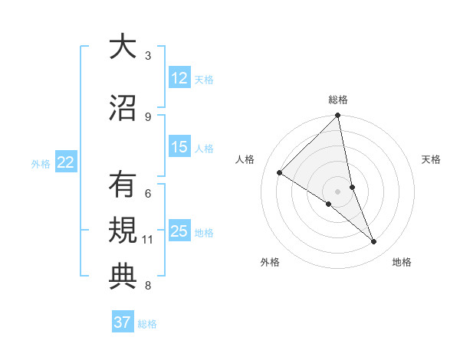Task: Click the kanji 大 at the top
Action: click(x=123, y=47)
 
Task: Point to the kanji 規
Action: click(x=123, y=231)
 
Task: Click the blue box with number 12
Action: click(x=179, y=78)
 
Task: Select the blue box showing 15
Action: click(x=179, y=147)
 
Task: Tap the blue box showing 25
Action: click(x=179, y=231)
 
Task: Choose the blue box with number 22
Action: click(x=66, y=162)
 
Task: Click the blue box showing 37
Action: click(x=123, y=322)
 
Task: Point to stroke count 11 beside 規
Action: click(x=148, y=240)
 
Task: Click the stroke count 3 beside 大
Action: click(x=148, y=56)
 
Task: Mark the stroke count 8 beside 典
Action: click(x=148, y=286)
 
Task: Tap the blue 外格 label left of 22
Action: click(x=41, y=163)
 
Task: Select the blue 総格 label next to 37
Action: click(x=147, y=324)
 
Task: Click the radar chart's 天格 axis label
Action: click(x=431, y=159)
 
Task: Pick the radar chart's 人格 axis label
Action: click(x=245, y=159)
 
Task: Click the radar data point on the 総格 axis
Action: click(x=337, y=116)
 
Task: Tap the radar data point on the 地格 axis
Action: click(x=374, y=241)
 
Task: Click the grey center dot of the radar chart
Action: click(x=337, y=191)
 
